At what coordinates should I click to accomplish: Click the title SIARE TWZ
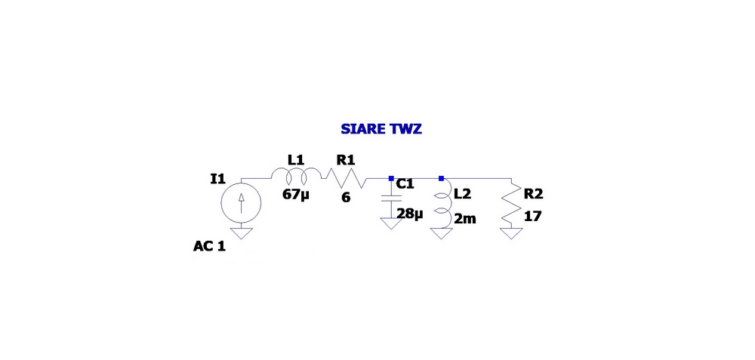pyautogui.click(x=381, y=129)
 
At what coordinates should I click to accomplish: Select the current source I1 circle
pyautogui.click(x=242, y=202)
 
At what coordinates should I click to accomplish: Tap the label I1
pyautogui.click(x=218, y=179)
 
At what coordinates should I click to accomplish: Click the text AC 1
pyautogui.click(x=209, y=247)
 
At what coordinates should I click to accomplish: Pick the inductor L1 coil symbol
pyautogui.click(x=296, y=176)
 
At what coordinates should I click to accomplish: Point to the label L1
pyautogui.click(x=296, y=160)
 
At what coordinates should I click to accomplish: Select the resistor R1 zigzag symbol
pyautogui.click(x=344, y=179)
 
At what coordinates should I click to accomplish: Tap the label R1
pyautogui.click(x=345, y=160)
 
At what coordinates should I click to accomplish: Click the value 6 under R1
pyautogui.click(x=346, y=197)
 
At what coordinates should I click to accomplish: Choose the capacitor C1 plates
pyautogui.click(x=391, y=198)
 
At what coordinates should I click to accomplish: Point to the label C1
pyautogui.click(x=405, y=183)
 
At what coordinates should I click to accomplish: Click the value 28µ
pyautogui.click(x=410, y=214)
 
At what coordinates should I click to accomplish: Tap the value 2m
pyautogui.click(x=465, y=219)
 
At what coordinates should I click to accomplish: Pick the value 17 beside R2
pyautogui.click(x=532, y=217)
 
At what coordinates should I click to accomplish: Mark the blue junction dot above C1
pyautogui.click(x=391, y=179)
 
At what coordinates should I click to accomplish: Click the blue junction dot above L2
pyautogui.click(x=442, y=179)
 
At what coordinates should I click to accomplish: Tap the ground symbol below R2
pyautogui.click(x=511, y=233)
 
